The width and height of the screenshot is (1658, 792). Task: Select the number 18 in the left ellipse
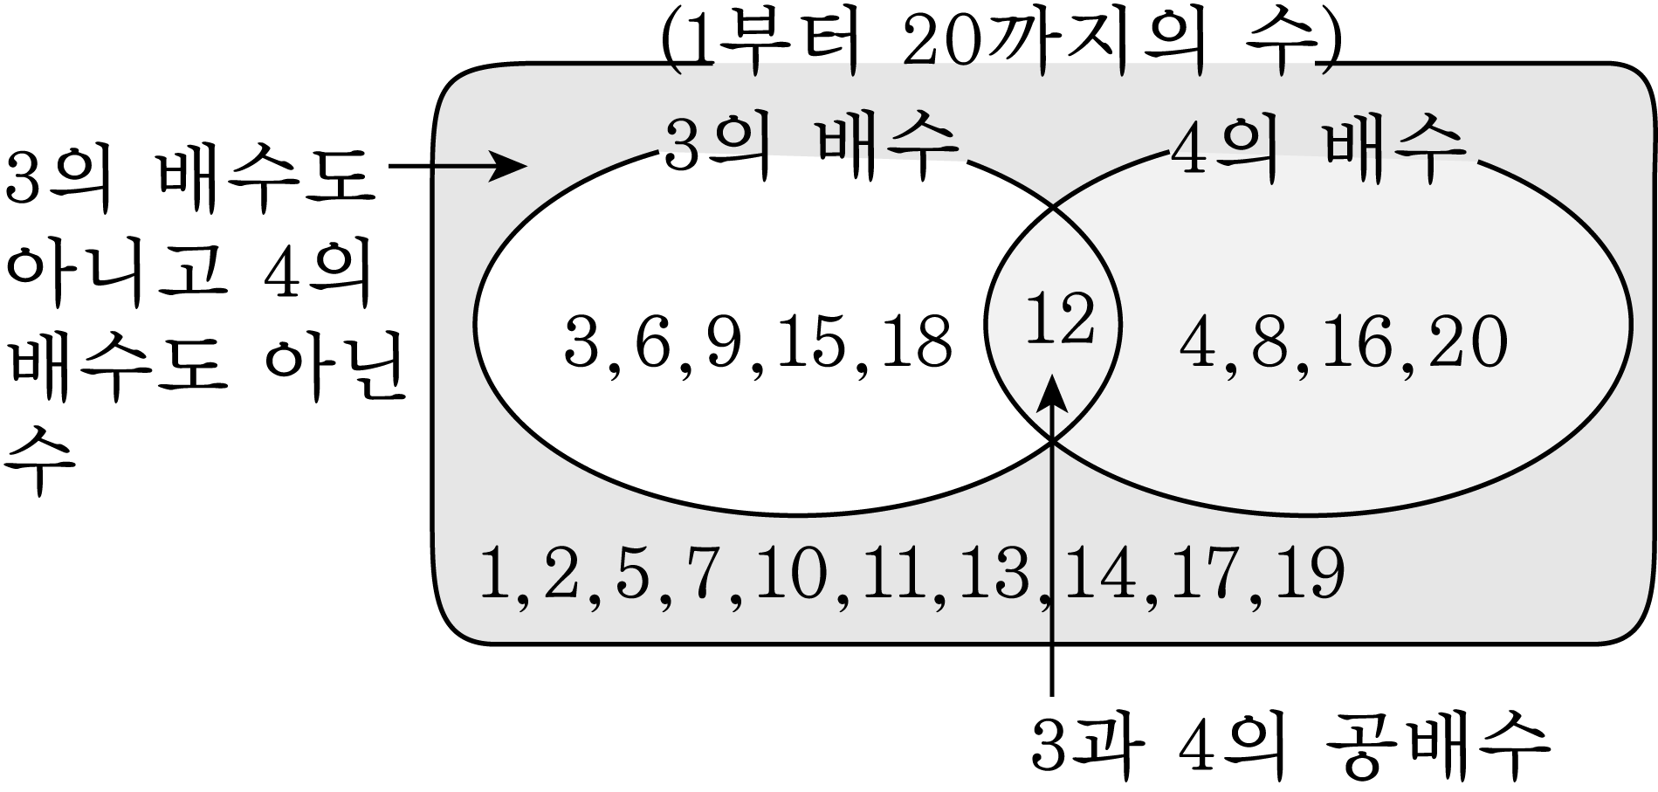click(x=916, y=341)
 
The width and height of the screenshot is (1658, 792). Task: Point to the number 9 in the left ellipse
click(x=723, y=341)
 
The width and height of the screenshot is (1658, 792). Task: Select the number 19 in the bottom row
click(x=1307, y=573)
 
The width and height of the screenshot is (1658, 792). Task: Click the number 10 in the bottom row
click(x=791, y=573)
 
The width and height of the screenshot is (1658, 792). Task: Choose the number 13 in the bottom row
click(x=994, y=573)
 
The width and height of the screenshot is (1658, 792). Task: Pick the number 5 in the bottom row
click(x=633, y=574)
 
